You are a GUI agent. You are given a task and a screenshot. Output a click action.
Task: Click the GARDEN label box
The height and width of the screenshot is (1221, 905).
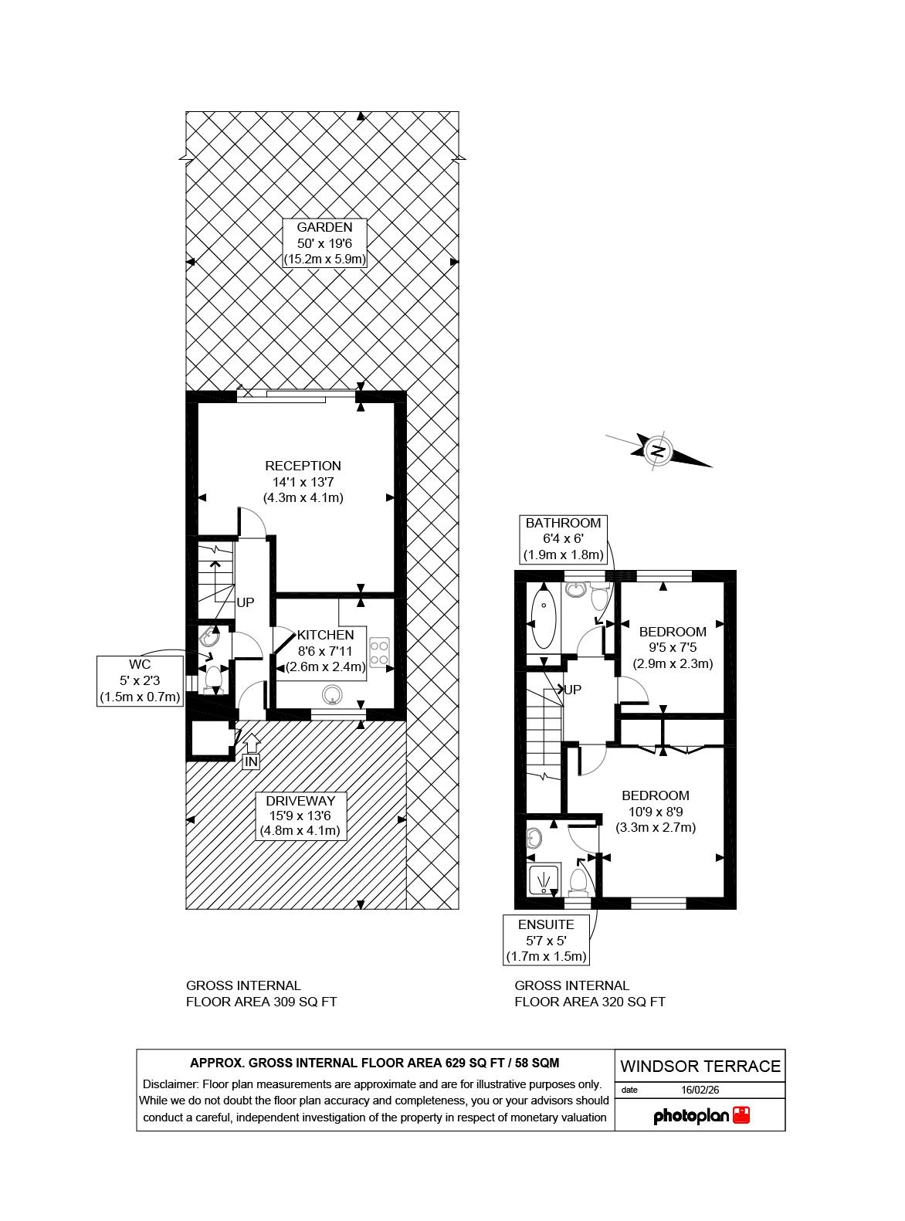324,243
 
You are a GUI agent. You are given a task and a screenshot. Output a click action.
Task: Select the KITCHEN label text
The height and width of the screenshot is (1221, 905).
325,635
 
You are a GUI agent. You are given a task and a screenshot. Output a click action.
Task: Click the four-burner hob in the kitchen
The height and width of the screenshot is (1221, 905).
379,652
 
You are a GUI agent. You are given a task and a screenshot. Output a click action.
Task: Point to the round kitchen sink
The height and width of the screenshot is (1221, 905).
332,694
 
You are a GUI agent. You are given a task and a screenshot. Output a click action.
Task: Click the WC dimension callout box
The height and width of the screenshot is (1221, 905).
140,681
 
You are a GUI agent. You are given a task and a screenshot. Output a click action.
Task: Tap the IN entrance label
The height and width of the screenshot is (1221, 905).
251,762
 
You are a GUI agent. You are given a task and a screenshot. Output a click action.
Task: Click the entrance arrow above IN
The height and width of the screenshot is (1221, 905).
251,744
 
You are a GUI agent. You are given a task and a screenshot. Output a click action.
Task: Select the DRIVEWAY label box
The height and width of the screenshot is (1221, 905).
300,816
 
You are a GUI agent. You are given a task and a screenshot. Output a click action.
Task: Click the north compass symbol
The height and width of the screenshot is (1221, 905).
659,451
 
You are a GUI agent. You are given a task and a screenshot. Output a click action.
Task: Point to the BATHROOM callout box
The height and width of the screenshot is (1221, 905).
563,540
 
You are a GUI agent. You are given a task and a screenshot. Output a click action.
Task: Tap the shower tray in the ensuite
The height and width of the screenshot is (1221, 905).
544,879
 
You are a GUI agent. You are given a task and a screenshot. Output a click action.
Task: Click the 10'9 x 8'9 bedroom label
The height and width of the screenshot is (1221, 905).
655,812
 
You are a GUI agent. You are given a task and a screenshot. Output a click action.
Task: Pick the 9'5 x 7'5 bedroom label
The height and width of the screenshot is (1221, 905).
673,647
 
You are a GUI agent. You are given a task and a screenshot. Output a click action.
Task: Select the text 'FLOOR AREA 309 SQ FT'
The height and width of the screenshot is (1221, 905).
261,1002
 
